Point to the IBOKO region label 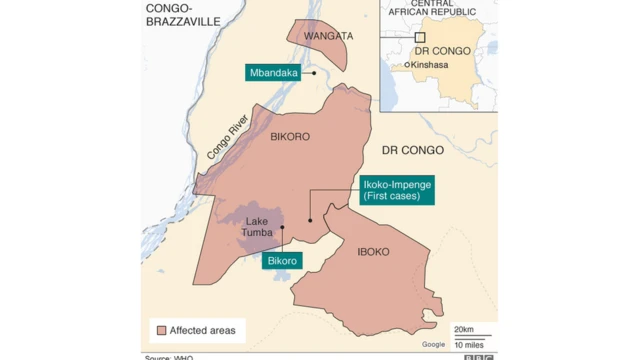click(373, 252)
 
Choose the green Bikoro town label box click(282, 261)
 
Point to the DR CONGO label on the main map click(412, 150)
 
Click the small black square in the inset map click(420, 36)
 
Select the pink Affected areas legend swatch click(159, 330)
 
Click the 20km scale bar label click(463, 329)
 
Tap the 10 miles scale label click(470, 344)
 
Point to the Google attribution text click(433, 345)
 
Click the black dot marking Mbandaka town click(313, 72)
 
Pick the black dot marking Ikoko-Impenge click(311, 220)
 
